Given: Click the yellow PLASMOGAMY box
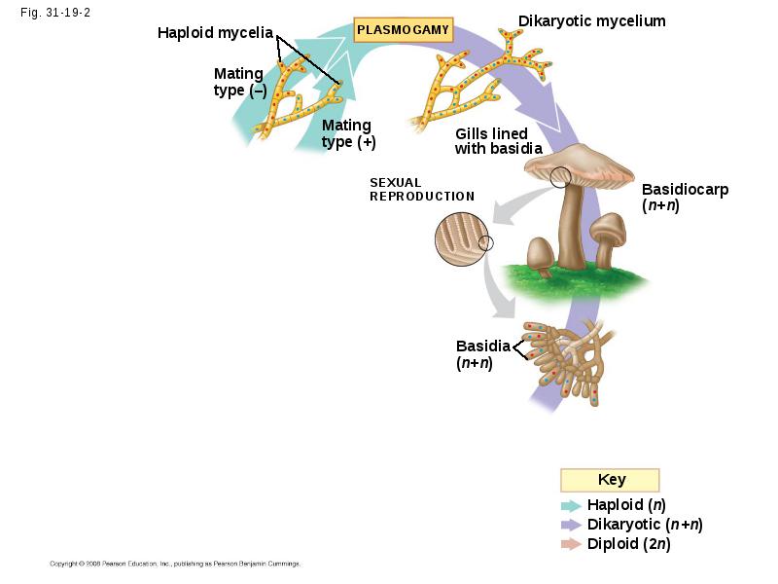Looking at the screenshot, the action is (x=403, y=30).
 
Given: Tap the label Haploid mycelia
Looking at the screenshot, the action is (x=215, y=33).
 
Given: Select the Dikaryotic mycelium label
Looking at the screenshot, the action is (x=592, y=20).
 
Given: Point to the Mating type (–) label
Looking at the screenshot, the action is (x=239, y=82).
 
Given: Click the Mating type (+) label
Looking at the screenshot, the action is (x=349, y=133).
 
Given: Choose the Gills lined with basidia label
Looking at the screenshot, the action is (x=499, y=141).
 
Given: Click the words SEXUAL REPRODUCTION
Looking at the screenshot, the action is (x=422, y=190).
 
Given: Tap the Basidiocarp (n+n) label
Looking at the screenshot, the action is (x=686, y=198).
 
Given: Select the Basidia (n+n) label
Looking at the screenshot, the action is (x=482, y=354).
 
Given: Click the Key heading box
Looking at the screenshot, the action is (x=610, y=480).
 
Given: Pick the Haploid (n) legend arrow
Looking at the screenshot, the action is (x=571, y=505).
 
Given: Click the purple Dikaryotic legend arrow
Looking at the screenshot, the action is (x=571, y=525).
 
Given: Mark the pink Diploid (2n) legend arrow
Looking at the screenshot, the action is (x=571, y=544).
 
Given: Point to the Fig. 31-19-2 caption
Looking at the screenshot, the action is (x=55, y=13).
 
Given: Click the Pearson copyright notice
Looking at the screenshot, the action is (x=175, y=564).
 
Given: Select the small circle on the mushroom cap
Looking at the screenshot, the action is (x=560, y=177).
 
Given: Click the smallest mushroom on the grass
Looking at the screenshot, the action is (x=541, y=257).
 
